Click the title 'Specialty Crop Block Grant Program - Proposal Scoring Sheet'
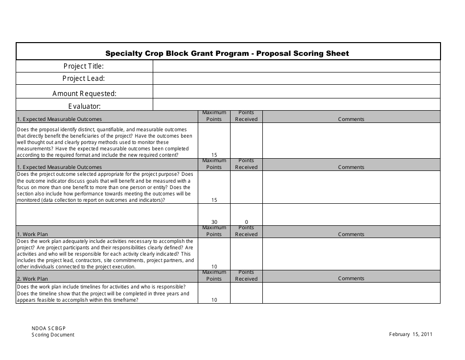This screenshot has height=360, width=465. point(228,53)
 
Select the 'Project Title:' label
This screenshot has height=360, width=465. point(84,66)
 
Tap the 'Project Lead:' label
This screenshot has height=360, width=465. point(84,78)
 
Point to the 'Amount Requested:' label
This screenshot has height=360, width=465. point(84,93)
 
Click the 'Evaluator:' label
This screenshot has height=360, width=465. point(84,106)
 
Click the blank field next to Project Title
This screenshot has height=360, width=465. point(296,66)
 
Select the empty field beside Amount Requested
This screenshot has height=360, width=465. point(296,92)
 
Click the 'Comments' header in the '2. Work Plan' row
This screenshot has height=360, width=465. point(351,278)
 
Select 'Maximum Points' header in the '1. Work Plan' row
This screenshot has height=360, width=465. point(214,231)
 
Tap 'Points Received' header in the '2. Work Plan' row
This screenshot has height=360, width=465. point(246,275)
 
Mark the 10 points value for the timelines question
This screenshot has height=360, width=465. point(214,300)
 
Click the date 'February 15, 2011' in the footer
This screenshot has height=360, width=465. point(410,335)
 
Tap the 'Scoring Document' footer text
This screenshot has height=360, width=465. point(53,335)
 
